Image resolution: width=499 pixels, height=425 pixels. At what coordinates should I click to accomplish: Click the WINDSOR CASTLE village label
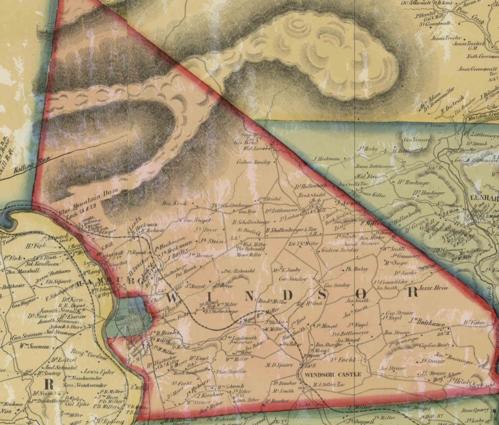click(x=333, y=374)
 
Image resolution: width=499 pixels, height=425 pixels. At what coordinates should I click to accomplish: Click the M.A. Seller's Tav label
click(x=329, y=384)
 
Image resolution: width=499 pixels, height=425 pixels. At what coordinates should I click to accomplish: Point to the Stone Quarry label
click(x=475, y=410)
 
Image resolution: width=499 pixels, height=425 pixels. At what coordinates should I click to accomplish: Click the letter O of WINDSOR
click(x=361, y=294)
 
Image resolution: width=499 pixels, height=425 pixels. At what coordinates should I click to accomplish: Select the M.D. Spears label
click(x=279, y=365)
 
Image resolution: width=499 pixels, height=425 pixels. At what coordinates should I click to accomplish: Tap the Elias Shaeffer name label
click(x=231, y=371)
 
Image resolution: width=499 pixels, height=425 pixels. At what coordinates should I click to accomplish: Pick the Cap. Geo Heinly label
click(x=434, y=345)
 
